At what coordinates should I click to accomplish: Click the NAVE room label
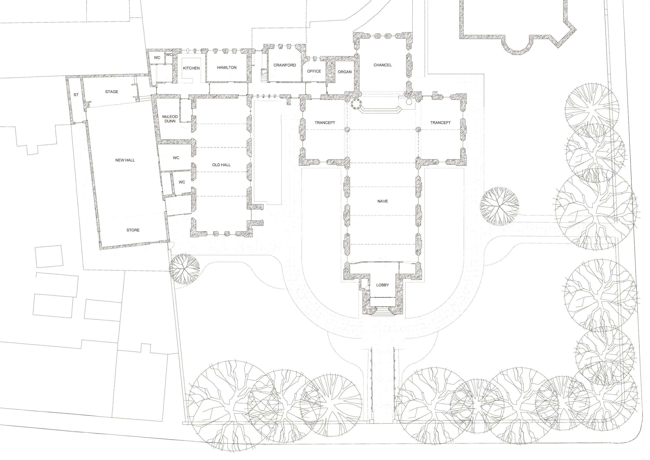pyautogui.click(x=382, y=201)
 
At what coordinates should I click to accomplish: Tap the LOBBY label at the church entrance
pyautogui.click(x=382, y=285)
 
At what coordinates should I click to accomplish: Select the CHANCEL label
pyautogui.click(x=382, y=65)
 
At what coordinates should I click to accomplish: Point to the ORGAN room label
pyautogui.click(x=344, y=72)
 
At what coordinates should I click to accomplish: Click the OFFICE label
pyautogui.click(x=314, y=71)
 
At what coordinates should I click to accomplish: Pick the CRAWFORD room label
pyautogui.click(x=284, y=65)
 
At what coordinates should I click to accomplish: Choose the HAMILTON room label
pyautogui.click(x=226, y=67)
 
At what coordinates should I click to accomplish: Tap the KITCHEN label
pyautogui.click(x=191, y=68)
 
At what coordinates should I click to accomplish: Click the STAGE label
pyautogui.click(x=112, y=92)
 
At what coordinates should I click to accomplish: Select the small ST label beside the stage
pyautogui.click(x=76, y=95)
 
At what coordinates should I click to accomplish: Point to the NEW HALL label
pyautogui.click(x=125, y=160)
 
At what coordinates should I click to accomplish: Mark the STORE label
pyautogui.click(x=133, y=230)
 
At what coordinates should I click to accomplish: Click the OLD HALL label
pyautogui.click(x=221, y=165)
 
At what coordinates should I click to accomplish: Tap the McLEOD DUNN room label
pyautogui.click(x=170, y=119)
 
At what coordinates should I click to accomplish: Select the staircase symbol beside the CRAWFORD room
pyautogui.click(x=264, y=76)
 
